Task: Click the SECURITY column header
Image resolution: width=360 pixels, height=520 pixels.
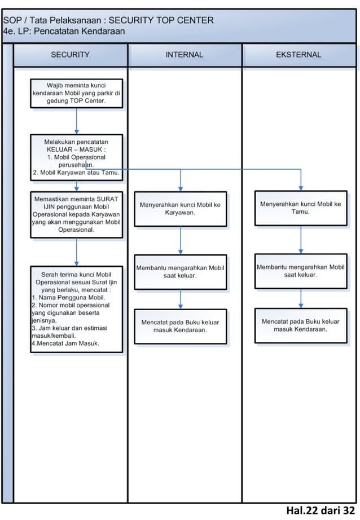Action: tap(71, 55)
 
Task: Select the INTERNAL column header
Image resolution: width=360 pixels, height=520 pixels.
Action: tap(185, 55)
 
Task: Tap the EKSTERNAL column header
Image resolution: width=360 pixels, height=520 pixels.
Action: tap(298, 55)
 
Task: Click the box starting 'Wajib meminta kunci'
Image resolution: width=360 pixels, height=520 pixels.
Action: tap(76, 93)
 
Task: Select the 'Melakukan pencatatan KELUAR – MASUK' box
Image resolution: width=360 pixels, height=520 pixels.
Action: tap(76, 157)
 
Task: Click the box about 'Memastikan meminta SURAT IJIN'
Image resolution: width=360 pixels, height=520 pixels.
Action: tap(76, 214)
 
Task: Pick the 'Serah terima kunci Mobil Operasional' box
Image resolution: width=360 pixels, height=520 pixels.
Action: tap(76, 309)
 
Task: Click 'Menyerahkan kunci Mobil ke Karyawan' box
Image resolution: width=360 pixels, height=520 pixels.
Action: tap(181, 209)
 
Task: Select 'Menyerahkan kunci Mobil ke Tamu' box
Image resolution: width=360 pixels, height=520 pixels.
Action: tap(300, 208)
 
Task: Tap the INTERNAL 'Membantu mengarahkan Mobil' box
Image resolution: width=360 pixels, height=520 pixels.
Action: tap(181, 272)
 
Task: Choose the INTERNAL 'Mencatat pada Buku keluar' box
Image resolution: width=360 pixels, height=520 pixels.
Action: tap(181, 326)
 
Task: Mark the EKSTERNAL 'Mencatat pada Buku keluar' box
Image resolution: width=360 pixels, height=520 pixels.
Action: tap(300, 325)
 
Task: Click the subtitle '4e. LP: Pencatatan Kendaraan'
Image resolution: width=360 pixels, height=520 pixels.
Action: tap(64, 32)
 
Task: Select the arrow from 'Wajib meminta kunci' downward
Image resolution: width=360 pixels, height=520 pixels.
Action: tap(76, 121)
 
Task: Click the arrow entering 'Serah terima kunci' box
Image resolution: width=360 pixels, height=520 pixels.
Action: tap(76, 252)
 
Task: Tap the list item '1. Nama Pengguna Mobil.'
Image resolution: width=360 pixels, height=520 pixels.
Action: tap(68, 297)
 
